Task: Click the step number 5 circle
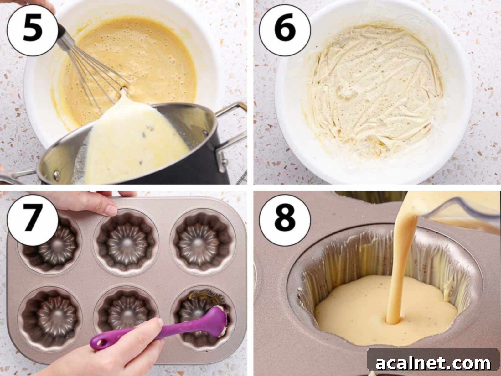(32, 30)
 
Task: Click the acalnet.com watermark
(433, 363)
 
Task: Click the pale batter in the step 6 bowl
(373, 91)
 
